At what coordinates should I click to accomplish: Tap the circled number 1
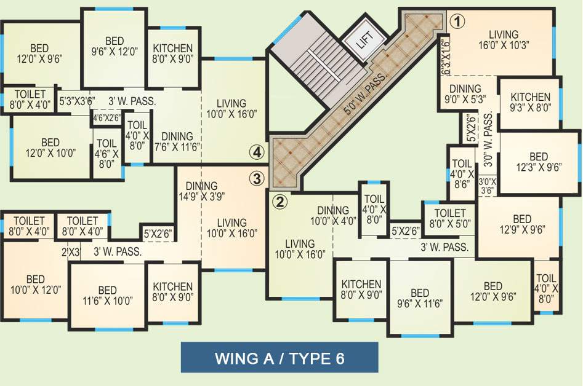click(456, 22)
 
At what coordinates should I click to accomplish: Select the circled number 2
click(279, 200)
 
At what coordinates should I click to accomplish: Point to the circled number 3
click(257, 179)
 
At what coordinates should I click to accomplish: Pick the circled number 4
click(257, 152)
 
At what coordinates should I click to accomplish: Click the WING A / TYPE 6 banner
click(279, 358)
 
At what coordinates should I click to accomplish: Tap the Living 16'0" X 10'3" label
click(504, 40)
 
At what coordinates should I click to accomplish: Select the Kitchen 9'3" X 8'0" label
click(530, 101)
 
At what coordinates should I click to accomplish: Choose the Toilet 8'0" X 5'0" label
click(447, 218)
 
